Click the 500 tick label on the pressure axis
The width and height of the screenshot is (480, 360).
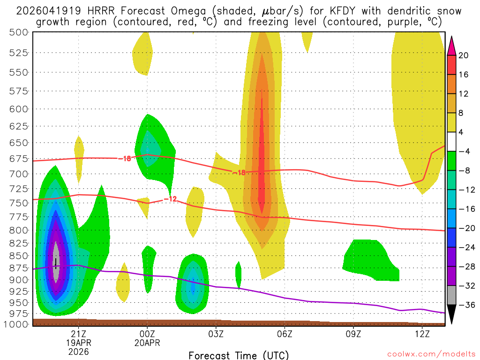tap(18, 32)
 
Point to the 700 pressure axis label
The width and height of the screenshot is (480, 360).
tap(18, 174)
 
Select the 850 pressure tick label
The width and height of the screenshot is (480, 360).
tap(18, 256)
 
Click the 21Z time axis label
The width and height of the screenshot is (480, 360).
tap(78, 333)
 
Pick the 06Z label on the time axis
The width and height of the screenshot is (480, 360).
tap(285, 333)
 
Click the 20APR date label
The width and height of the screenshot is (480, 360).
tap(147, 343)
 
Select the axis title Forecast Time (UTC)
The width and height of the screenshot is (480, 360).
tap(239, 355)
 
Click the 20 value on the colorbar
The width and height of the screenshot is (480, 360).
tap(464, 55)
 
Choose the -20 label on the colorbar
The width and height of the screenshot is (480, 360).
tap(465, 228)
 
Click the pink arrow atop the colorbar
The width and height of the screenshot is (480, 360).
tap(451, 45)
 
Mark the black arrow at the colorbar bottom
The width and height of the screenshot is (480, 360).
tap(451, 314)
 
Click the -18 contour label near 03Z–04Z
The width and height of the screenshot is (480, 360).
tap(239, 172)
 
